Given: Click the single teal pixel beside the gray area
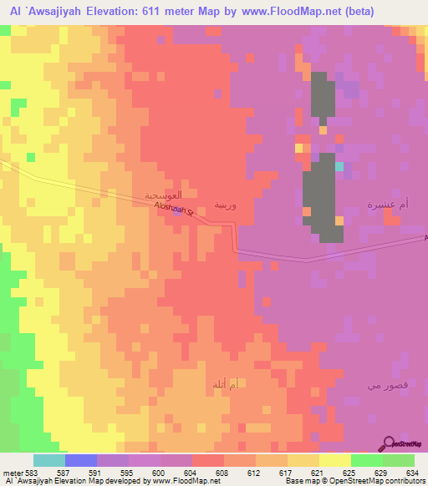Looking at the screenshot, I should coord(339,166).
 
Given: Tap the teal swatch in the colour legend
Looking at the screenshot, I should coord(49,460).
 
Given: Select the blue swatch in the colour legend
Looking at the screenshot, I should coord(81,460).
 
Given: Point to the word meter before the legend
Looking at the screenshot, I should coord(12,473).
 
